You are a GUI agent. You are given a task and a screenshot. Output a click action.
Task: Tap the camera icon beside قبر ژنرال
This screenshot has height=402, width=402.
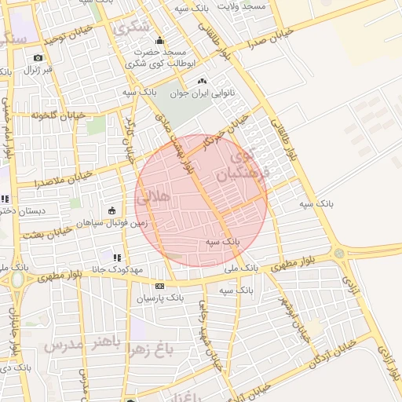[x=38, y=57]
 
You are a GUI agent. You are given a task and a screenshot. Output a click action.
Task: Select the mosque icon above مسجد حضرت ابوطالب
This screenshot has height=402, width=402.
[x=160, y=41]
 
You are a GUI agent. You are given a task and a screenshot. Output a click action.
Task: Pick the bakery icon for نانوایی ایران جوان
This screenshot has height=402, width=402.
[x=202, y=81]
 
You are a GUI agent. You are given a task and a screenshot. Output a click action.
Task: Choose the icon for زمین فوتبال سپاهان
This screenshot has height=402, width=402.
[x=111, y=210]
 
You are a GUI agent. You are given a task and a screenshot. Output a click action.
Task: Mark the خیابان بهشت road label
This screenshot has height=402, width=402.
[x=49, y=232]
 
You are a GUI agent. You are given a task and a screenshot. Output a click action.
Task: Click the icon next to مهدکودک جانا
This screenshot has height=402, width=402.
[x=117, y=257]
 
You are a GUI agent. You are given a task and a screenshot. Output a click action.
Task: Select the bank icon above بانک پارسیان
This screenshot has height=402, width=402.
[x=160, y=287]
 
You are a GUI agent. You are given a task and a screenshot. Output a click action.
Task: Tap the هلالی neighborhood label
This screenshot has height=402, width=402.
[x=153, y=199]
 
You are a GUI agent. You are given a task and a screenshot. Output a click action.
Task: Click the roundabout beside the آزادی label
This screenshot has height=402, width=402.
[x=338, y=253]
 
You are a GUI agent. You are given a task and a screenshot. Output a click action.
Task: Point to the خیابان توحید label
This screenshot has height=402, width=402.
[x=51, y=36]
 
